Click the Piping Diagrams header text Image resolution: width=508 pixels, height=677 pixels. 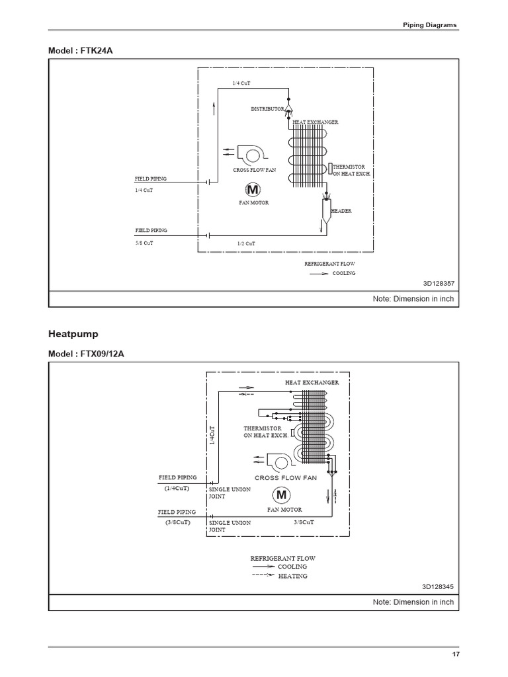tap(430, 25)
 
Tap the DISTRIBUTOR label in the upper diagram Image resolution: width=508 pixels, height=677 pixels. tap(267, 108)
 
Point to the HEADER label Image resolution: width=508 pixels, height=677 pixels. tap(341, 211)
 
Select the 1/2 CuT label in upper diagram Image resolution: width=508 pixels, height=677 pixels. tap(246, 244)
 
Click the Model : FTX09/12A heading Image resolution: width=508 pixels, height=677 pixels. tap(86, 354)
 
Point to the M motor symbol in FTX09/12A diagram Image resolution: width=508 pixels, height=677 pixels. tap(281, 495)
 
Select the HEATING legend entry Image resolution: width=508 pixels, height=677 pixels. tap(292, 576)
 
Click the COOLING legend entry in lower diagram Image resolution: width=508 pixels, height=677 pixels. tap(292, 567)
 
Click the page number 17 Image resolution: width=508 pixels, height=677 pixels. tap(456, 654)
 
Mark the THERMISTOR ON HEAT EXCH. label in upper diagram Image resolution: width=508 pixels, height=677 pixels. tap(352, 170)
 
